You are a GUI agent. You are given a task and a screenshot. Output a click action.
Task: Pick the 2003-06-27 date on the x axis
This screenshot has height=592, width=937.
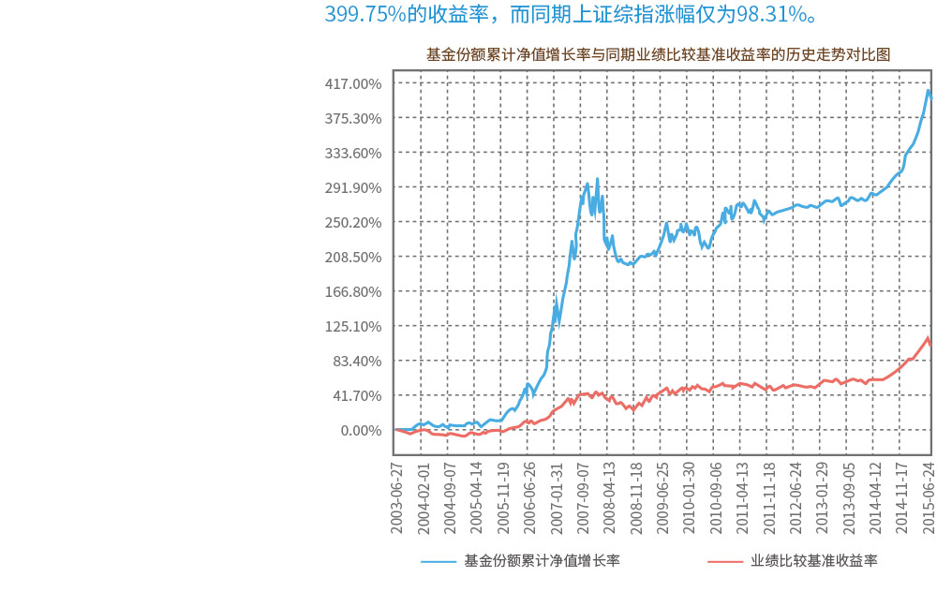click(x=397, y=496)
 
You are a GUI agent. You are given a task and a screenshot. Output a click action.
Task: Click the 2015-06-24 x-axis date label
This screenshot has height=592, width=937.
click(x=930, y=496)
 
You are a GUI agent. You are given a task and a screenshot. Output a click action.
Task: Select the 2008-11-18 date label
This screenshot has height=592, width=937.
click(x=636, y=496)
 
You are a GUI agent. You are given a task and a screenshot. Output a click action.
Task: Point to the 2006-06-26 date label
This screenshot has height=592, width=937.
click(x=530, y=496)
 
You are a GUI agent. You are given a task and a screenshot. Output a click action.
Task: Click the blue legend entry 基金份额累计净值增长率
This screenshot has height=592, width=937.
click(x=542, y=561)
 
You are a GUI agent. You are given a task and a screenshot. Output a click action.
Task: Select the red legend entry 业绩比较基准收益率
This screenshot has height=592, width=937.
click(x=813, y=561)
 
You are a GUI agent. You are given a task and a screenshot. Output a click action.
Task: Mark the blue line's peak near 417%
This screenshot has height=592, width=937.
click(x=928, y=90)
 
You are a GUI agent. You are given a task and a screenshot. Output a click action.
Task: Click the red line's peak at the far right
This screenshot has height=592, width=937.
click(x=928, y=338)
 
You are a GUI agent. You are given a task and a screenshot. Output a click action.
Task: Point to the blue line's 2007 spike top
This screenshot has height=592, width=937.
click(x=597, y=178)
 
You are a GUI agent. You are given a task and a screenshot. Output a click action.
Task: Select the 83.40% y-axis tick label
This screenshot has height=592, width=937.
click(x=356, y=361)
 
